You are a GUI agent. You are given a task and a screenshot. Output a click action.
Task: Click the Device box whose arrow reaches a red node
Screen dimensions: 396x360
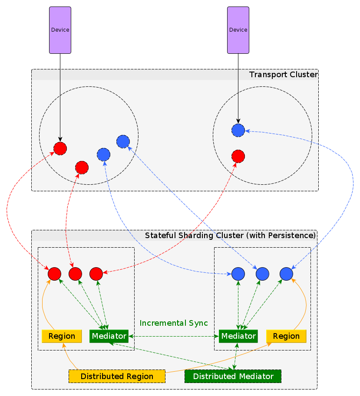pos(60,30)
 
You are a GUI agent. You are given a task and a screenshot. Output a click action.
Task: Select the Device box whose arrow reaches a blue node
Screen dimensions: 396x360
pos(238,30)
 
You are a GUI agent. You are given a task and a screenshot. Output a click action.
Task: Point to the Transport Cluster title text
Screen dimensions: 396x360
pos(283,75)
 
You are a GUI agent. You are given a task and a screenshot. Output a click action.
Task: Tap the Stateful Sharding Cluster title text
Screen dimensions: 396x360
pos(230,236)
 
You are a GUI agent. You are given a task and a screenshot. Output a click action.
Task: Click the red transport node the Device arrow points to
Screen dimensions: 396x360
pos(60,148)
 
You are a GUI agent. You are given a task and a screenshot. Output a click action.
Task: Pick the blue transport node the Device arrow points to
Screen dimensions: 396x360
pos(238,130)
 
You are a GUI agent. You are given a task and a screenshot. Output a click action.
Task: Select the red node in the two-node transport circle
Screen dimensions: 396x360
pos(238,156)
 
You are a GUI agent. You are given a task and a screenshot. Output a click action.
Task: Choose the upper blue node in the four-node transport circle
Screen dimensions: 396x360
pos(123,141)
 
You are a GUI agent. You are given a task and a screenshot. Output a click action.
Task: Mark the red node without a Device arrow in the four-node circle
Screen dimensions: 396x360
pos(82,167)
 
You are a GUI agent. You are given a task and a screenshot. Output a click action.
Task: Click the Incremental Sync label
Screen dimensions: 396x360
pos(174,323)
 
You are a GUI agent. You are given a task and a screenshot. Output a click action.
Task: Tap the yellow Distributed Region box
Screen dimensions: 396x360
pos(117,376)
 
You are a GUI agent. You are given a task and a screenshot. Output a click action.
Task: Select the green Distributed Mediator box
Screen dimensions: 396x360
pos(233,376)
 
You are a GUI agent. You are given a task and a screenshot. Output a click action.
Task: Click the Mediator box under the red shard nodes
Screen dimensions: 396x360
pos(109,336)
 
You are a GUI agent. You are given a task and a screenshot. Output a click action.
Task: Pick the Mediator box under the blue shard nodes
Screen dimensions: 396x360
pos(238,336)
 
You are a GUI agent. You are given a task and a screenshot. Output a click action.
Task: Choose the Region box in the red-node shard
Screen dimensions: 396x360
pos(62,336)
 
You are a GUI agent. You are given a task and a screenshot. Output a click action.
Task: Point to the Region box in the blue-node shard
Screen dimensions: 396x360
pos(286,336)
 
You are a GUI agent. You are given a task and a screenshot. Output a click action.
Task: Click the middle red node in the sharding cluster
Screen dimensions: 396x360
pos(75,274)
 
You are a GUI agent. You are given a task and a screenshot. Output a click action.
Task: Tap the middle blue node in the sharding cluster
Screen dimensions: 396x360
pos(263,274)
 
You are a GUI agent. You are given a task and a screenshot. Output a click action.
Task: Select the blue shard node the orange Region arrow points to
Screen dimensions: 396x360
pos(286,274)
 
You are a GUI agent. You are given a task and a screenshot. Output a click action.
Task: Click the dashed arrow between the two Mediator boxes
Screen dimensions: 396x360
pos(174,336)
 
